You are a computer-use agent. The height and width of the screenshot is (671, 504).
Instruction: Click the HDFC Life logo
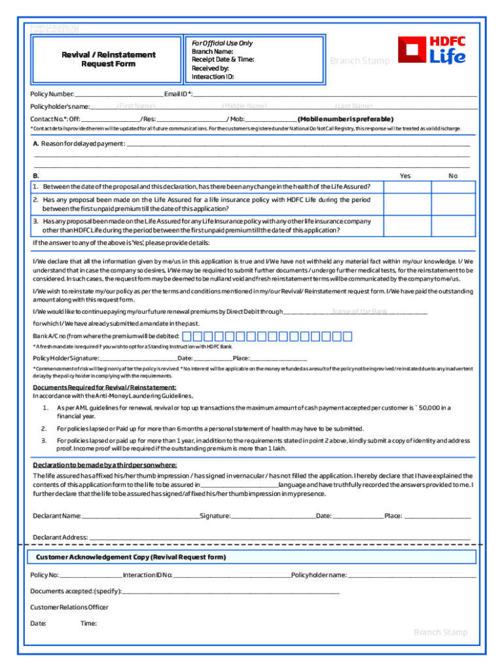[433, 50]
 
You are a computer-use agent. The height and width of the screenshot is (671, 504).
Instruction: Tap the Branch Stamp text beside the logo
[359, 61]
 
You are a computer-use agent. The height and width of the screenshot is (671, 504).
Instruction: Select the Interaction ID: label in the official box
[213, 77]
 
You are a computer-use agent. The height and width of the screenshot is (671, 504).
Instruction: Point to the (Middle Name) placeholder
[244, 106]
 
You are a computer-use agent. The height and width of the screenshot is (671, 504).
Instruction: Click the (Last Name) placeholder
[353, 106]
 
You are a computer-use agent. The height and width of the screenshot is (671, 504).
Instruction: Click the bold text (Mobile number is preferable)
[346, 119]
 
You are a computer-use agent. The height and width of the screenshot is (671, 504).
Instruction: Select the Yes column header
[405, 176]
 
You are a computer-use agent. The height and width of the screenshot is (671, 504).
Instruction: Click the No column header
[453, 176]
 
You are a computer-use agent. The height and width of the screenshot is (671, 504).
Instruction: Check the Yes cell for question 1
[405, 187]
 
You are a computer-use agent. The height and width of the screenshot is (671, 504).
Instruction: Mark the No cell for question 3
[453, 227]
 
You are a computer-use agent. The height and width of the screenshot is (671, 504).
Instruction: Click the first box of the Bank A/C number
[187, 337]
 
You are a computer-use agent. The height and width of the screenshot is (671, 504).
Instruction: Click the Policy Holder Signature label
[66, 358]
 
